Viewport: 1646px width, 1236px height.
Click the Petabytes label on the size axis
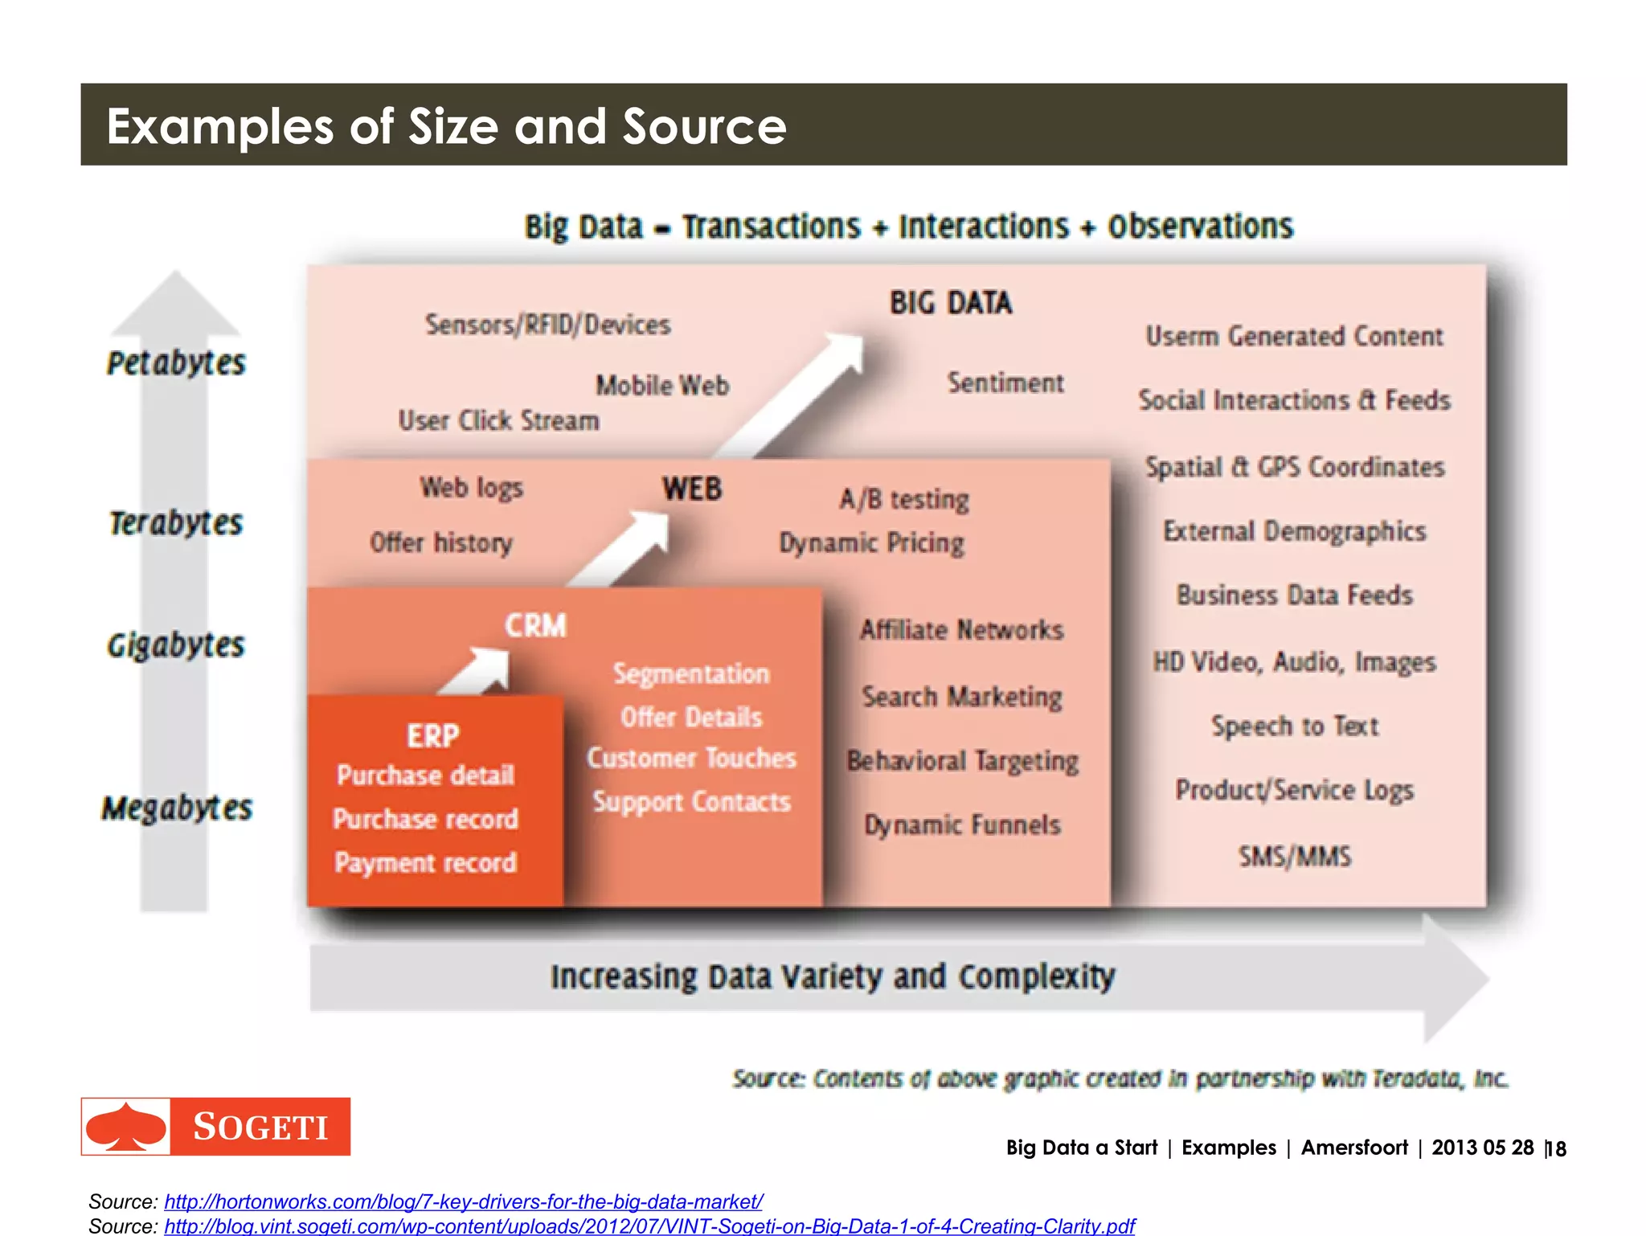click(176, 363)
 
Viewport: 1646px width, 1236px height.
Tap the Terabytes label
click(176, 523)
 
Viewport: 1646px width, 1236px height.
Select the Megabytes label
click(177, 808)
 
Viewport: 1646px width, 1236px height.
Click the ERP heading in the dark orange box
click(432, 735)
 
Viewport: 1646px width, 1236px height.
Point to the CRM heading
click(535, 625)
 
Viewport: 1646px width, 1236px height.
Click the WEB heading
click(691, 489)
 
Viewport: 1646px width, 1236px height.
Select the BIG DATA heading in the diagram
click(950, 303)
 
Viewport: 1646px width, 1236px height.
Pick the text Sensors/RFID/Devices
click(547, 325)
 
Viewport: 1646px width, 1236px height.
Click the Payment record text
click(425, 862)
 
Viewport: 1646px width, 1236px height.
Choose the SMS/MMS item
click(1294, 856)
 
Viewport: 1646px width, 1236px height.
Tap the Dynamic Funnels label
click(962, 825)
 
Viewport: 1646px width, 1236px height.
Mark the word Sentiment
click(1005, 383)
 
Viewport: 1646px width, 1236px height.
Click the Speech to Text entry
click(1294, 726)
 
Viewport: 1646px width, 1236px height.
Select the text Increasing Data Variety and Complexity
click(832, 976)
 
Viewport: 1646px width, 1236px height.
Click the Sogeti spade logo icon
click(126, 1127)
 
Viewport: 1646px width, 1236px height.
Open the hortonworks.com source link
click(463, 1201)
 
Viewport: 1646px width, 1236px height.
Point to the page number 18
click(1557, 1148)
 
